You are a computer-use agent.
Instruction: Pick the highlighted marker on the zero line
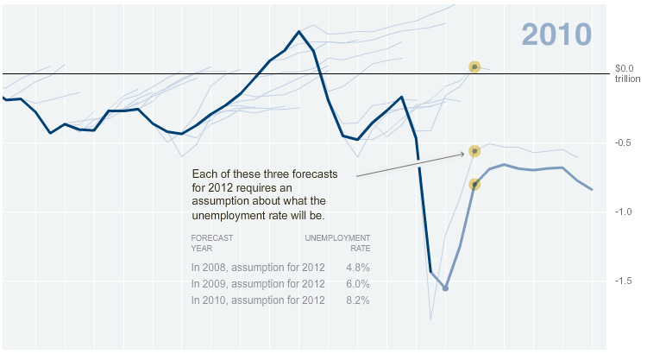click(x=474, y=66)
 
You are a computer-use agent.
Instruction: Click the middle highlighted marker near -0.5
click(x=474, y=151)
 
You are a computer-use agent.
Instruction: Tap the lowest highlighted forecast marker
click(x=474, y=184)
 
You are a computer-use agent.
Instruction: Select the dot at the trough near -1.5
click(x=445, y=288)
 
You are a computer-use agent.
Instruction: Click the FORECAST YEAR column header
click(x=212, y=242)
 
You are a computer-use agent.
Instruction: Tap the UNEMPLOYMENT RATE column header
click(x=338, y=242)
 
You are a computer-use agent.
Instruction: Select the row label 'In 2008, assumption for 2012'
click(x=258, y=268)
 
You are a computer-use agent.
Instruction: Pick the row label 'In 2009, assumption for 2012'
click(x=258, y=284)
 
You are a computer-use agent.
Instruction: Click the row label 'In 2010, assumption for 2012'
click(x=258, y=300)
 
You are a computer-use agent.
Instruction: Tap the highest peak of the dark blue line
click(x=298, y=32)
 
